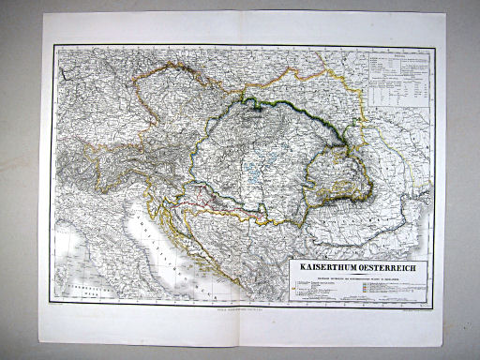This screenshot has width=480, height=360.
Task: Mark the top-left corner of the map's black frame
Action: (x=53, y=46)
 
